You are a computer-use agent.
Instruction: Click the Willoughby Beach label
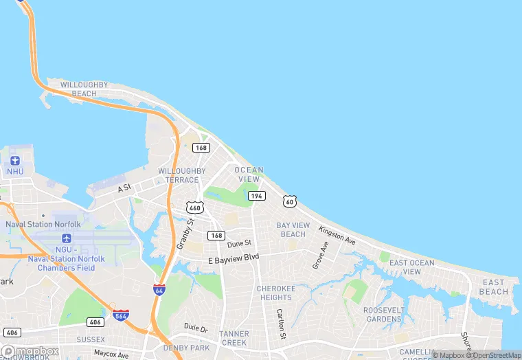[x=84, y=89]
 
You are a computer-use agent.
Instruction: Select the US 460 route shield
[x=195, y=207]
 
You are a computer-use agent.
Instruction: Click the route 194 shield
[x=257, y=196]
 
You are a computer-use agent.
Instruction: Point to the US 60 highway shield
[x=290, y=201]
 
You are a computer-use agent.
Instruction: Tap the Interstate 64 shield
[x=159, y=291]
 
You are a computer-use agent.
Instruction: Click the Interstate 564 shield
[x=121, y=316]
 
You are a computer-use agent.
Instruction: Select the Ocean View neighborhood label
[x=249, y=175]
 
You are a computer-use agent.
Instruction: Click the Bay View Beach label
[x=293, y=229]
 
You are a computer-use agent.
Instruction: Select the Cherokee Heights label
[x=275, y=293]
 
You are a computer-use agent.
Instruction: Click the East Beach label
[x=494, y=287]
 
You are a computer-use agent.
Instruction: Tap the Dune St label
[x=239, y=243]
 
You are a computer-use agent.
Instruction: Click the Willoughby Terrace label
[x=181, y=175]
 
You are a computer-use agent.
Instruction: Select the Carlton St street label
[x=280, y=324]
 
